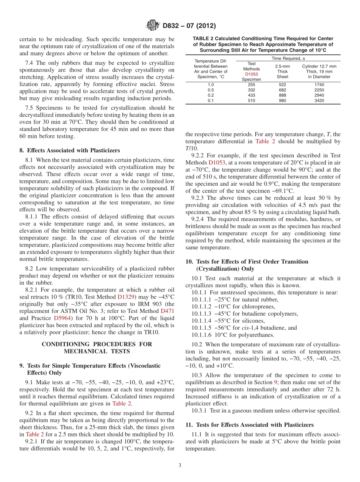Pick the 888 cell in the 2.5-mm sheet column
[x=282, y=95]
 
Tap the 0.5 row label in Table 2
[x=211, y=90]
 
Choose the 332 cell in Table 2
[x=251, y=90]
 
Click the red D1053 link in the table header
[x=251, y=74]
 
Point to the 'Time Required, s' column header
[x=288, y=58]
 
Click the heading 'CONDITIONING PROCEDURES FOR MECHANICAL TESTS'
[x=97, y=347]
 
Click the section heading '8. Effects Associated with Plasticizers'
[x=69, y=150]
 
